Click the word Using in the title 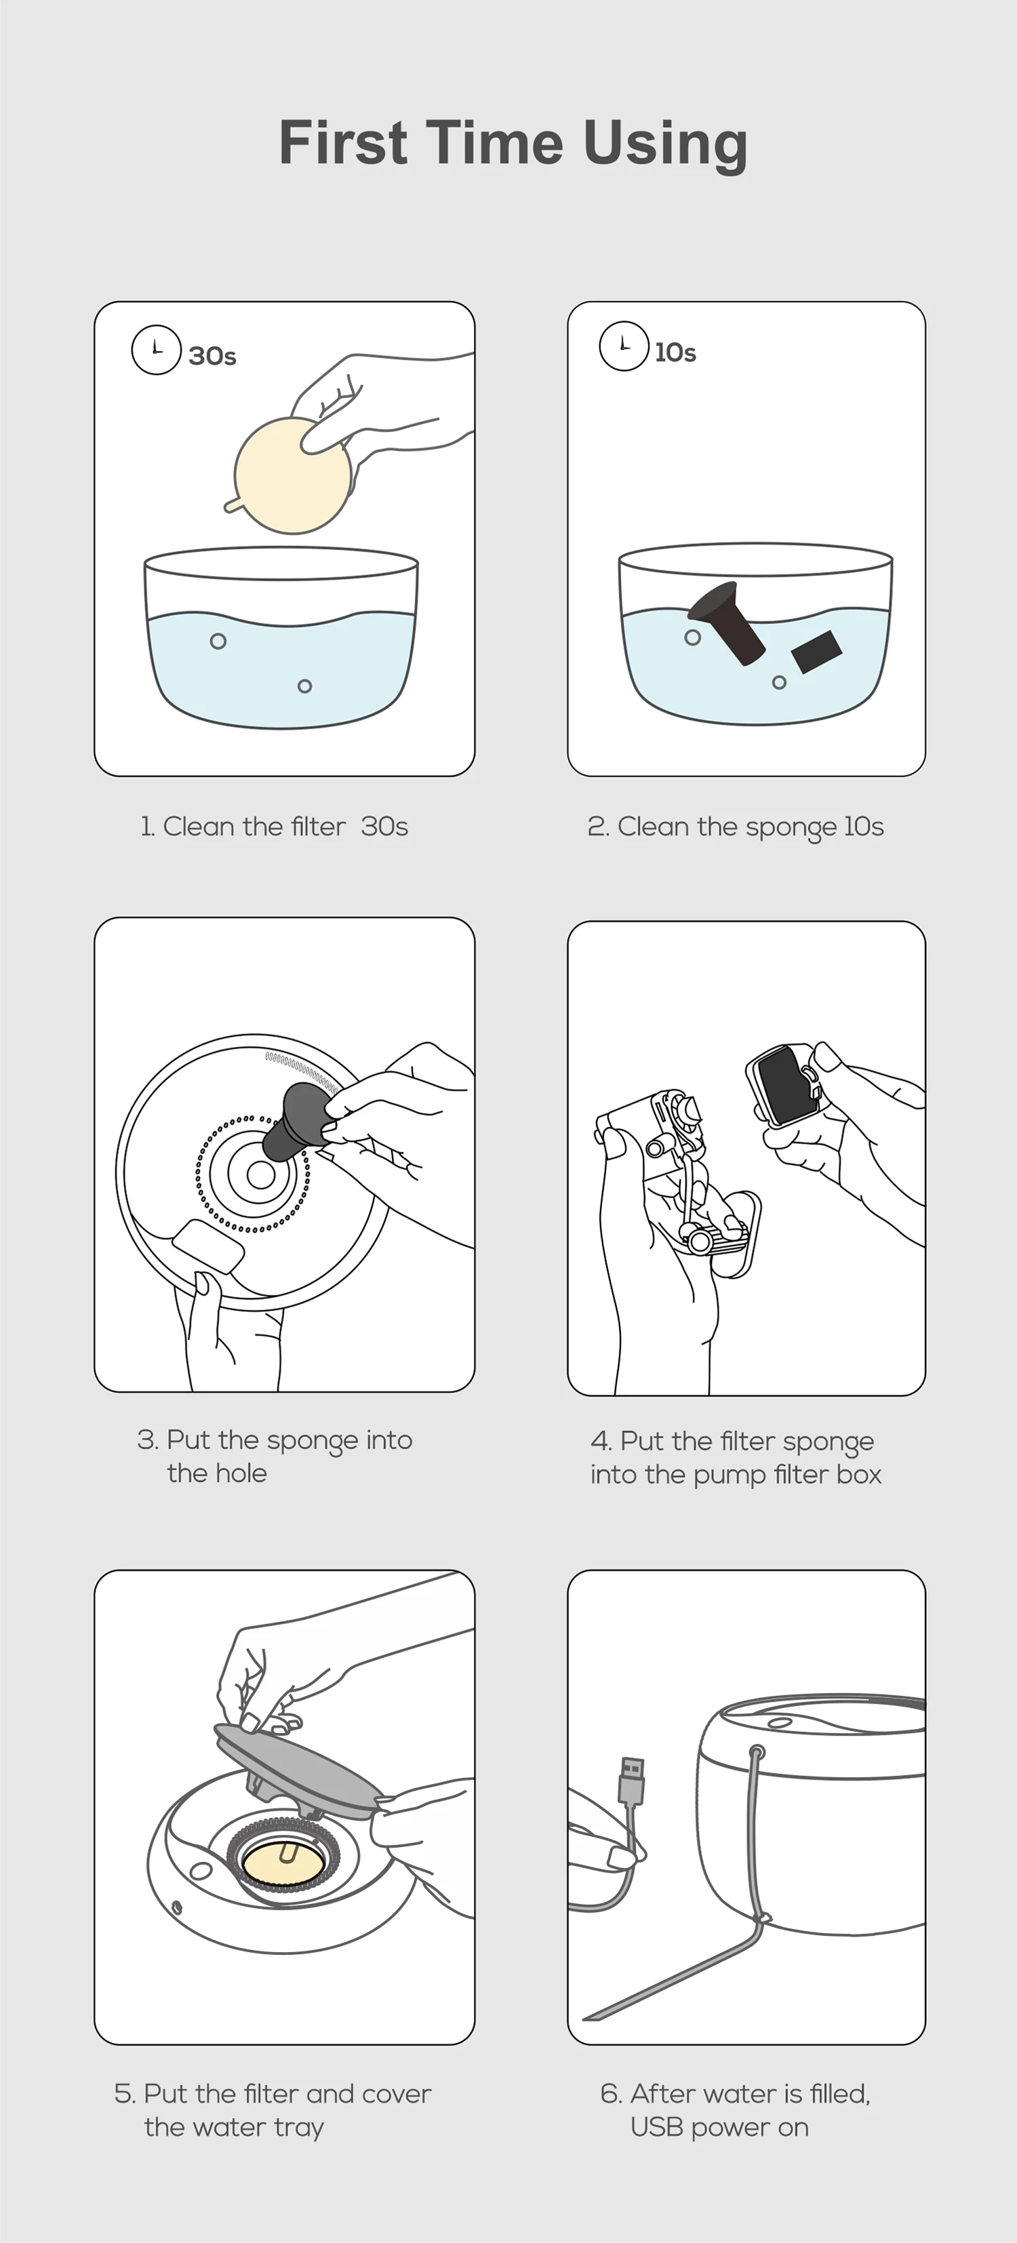click(x=665, y=144)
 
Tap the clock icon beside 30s click(x=156, y=349)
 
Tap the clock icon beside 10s click(x=624, y=346)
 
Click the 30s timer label click(x=212, y=356)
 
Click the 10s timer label click(x=676, y=353)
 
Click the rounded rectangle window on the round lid click(x=209, y=1246)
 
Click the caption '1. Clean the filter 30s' click(x=275, y=827)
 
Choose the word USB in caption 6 click(x=656, y=2127)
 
